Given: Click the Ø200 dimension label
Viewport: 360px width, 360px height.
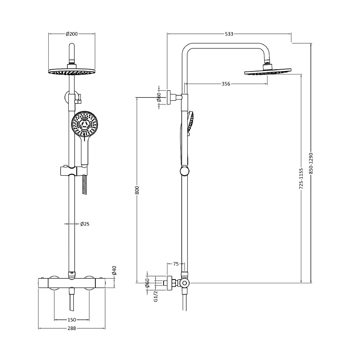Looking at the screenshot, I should coord(72,34).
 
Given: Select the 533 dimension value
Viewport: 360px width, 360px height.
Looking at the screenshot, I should coord(229,34).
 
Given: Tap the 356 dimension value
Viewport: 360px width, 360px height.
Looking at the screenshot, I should coord(226,84).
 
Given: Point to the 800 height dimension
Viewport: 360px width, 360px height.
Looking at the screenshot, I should coord(137,190).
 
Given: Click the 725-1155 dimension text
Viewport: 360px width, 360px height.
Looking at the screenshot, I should coord(301,178).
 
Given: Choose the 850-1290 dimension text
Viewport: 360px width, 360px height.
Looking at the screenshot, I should coord(311,163).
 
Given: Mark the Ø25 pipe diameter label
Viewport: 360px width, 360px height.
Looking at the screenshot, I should coord(85,224).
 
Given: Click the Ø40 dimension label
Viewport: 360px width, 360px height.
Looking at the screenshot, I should coord(114,270).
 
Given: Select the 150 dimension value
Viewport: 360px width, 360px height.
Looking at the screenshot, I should coord(72,320).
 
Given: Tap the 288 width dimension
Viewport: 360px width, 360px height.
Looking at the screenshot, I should coord(72,328).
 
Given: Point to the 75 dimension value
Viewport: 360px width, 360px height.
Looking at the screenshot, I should coord(176,264).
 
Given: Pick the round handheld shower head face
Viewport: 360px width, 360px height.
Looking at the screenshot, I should coord(85,123).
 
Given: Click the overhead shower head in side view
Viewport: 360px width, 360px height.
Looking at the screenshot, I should coord(268,72).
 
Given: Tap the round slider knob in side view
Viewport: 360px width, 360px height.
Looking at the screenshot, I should coord(184,171).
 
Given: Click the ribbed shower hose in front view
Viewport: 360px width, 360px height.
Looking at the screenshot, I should coord(85,184).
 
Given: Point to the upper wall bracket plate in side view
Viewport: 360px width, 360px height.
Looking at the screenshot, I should coord(169,97).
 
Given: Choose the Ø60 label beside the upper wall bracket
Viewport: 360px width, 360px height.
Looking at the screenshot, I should coord(159,97).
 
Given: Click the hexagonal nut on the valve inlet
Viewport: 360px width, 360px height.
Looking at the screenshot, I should coord(173,283).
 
